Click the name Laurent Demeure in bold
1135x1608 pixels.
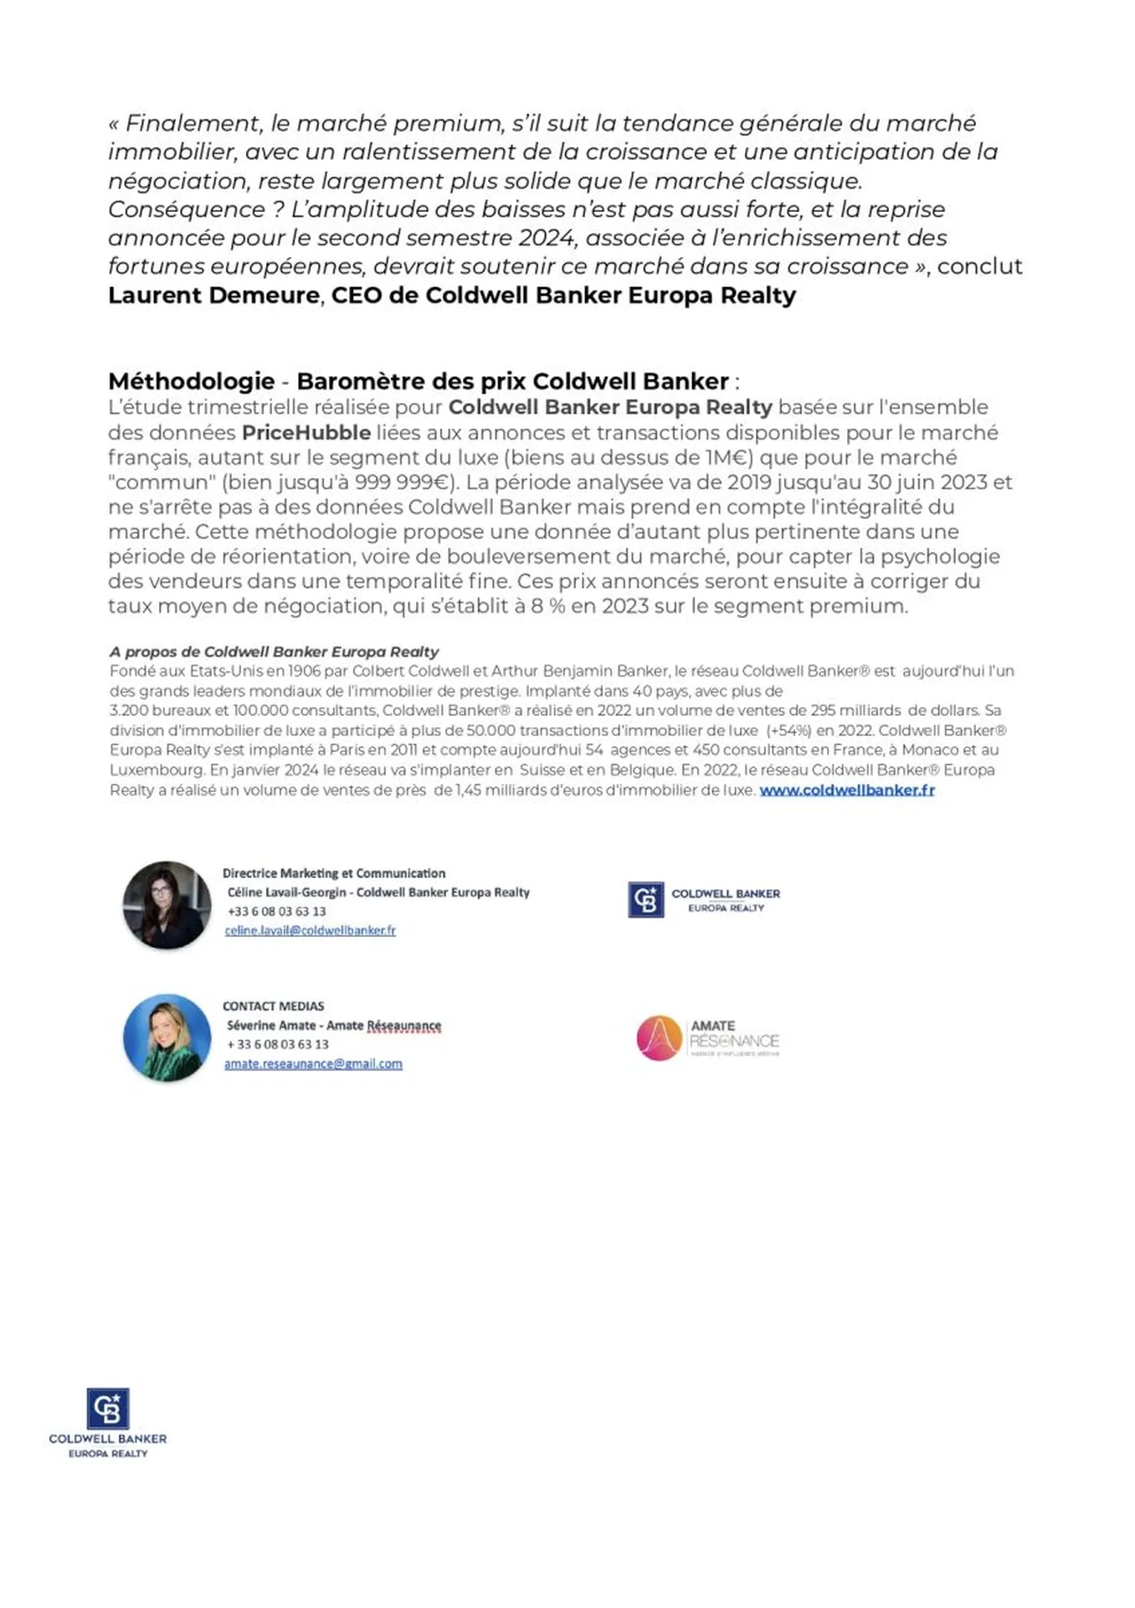point(213,296)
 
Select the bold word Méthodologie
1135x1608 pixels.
point(191,381)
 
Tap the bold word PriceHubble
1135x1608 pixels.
point(306,432)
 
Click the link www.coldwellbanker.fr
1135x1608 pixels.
point(846,790)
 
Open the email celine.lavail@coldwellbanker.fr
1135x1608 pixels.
point(310,930)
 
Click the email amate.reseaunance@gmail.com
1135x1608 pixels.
point(313,1064)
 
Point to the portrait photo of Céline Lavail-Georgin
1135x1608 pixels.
point(167,905)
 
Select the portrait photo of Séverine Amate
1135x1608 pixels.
point(167,1038)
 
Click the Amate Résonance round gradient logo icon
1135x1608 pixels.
point(659,1038)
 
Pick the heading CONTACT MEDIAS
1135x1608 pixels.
point(273,1006)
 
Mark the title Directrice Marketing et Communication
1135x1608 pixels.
point(333,873)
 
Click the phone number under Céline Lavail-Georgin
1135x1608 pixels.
point(276,911)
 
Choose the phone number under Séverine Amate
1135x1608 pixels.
point(278,1044)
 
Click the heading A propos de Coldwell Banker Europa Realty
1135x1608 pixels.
point(274,652)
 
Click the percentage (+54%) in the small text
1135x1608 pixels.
point(788,730)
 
